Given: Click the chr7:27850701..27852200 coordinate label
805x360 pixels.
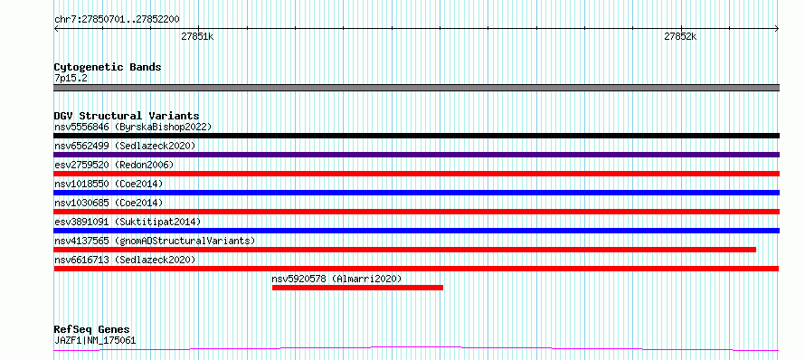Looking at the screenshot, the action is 117,20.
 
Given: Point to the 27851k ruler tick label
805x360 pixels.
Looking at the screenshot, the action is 198,36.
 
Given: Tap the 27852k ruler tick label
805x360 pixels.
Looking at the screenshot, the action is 680,36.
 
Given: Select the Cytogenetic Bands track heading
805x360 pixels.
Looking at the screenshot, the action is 108,67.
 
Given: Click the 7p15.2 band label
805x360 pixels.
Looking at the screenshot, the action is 70,79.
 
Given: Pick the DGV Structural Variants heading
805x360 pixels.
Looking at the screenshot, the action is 127,116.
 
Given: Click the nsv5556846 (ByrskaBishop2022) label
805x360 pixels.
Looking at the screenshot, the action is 133,127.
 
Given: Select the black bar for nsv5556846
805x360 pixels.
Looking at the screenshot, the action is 416,136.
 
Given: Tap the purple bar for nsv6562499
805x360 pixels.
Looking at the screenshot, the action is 416,155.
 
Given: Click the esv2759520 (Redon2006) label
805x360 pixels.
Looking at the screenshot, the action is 114,165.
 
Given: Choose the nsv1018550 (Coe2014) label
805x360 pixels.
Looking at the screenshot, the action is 109,184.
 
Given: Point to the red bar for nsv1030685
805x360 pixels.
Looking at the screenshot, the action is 416,212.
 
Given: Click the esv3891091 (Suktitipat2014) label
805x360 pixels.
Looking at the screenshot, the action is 128,222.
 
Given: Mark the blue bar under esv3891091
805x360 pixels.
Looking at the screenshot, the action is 416,231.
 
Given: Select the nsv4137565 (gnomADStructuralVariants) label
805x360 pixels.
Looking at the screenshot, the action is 155,241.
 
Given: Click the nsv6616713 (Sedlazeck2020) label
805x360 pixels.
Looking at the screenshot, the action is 125,260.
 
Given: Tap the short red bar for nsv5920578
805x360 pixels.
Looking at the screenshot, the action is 357,288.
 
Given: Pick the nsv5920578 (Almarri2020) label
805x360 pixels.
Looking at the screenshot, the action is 336,279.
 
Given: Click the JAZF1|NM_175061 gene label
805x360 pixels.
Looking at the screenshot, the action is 95,340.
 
